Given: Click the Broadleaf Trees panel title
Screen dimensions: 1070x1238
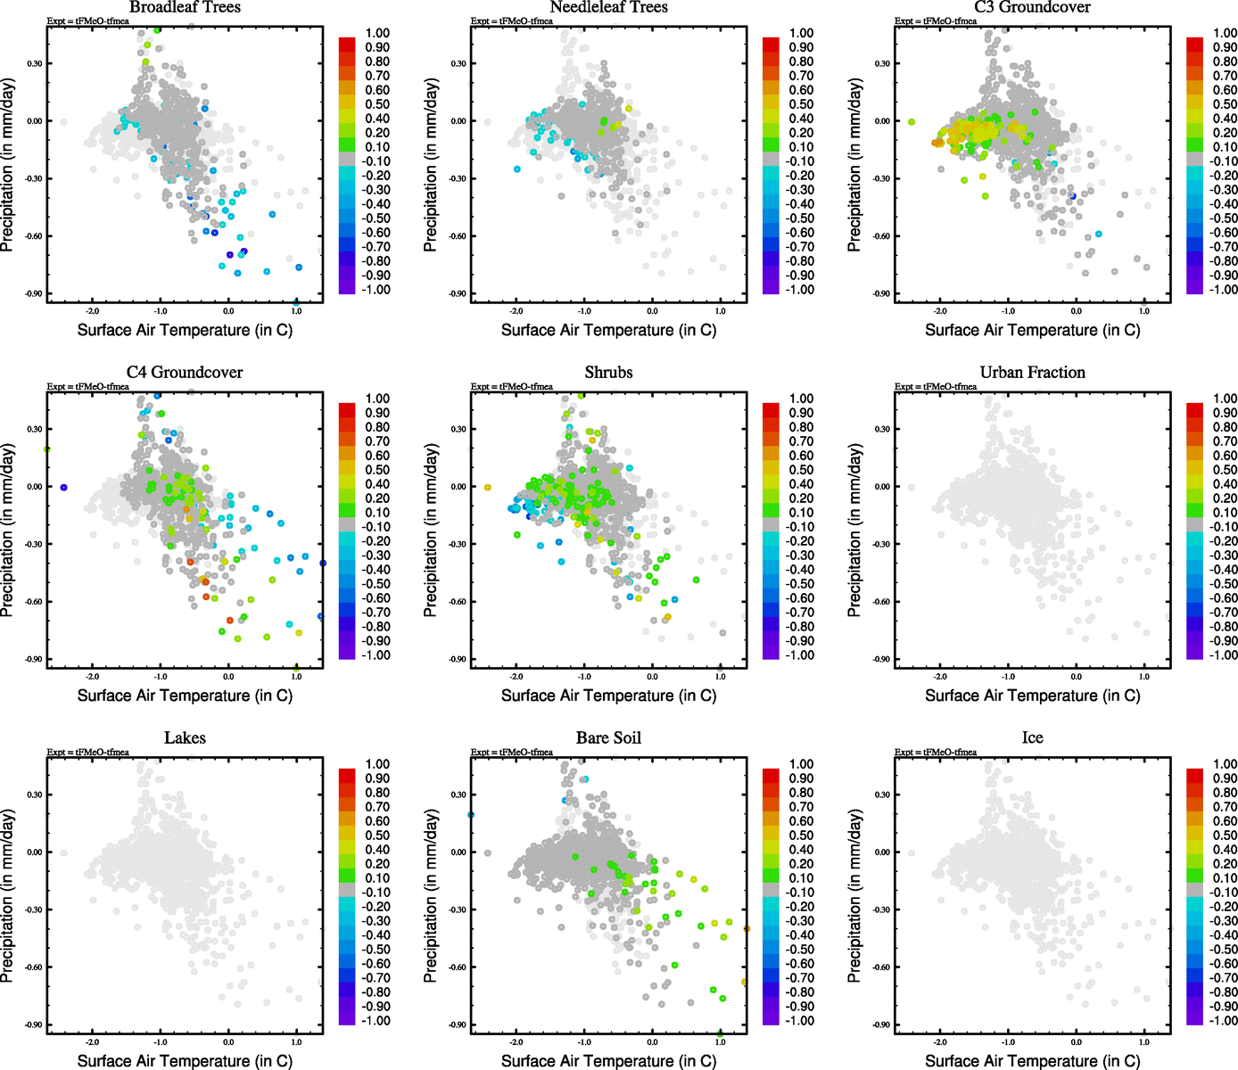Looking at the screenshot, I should (x=185, y=7).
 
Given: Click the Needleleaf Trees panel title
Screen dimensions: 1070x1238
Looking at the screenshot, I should (x=608, y=7).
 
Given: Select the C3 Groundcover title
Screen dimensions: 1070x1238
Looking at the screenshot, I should (x=1032, y=7).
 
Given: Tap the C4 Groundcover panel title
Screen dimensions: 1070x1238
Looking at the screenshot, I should (x=185, y=373).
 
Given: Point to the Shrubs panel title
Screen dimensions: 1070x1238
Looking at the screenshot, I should (x=608, y=373).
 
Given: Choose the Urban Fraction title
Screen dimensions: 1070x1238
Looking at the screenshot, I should (x=1032, y=373).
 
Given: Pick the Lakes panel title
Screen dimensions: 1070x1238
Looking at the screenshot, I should (x=185, y=738).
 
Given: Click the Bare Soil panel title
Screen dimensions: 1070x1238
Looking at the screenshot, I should (x=608, y=738).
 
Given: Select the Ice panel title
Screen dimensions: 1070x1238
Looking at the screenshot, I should (x=1032, y=738).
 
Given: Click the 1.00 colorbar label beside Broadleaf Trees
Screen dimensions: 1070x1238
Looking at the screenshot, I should (x=377, y=33).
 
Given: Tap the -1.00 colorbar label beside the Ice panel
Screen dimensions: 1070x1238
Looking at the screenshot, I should (x=1223, y=1021).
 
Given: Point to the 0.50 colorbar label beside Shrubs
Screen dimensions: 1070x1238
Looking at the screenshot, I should (x=801, y=470).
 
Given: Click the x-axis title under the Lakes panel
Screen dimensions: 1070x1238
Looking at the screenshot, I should (x=185, y=1061).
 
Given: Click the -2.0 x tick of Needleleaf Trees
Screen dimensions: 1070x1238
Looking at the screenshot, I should (x=516, y=311).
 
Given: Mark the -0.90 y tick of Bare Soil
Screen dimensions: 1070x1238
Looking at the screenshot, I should (x=458, y=1025).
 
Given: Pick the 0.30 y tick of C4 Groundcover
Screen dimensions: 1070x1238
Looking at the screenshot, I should (x=34, y=429).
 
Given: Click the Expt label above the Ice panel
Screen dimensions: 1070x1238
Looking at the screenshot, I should (x=936, y=753).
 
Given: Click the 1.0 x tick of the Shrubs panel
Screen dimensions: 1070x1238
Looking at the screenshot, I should (x=721, y=677).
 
